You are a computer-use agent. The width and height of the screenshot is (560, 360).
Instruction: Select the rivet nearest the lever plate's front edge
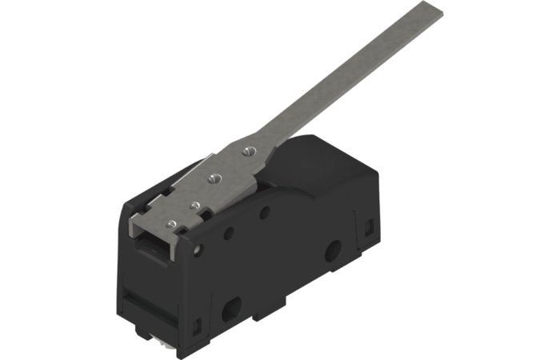[x=173, y=222]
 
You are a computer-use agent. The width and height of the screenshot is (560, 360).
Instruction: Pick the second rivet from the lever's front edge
[x=194, y=206]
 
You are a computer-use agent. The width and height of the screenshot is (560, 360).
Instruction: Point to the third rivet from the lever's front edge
[x=214, y=178]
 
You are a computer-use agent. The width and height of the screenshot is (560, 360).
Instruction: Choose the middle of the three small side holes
[x=230, y=234]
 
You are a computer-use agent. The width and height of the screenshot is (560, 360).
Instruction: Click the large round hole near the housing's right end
[x=331, y=254]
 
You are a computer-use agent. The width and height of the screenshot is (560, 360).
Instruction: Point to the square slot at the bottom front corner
[x=198, y=326]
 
